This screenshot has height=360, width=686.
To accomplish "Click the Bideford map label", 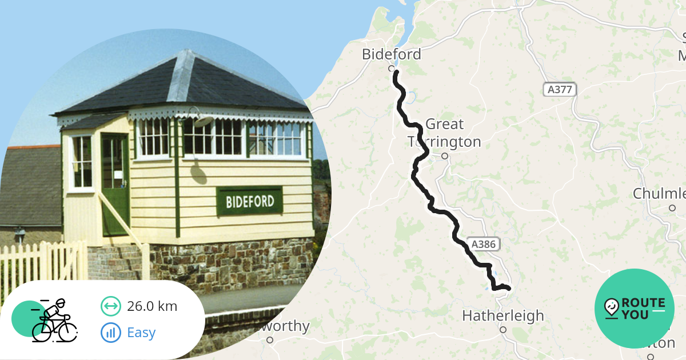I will (x=392, y=54).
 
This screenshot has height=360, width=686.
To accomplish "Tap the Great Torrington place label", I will (x=444, y=133).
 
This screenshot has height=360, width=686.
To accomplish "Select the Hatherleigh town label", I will (x=503, y=315).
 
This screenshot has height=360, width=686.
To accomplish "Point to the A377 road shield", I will (x=560, y=89).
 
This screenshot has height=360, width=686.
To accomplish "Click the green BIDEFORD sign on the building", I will (x=249, y=201).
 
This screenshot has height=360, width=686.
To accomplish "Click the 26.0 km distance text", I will (x=152, y=306).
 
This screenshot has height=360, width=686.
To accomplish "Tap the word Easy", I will (x=141, y=332).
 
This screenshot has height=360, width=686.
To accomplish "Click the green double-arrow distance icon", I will (x=110, y=306).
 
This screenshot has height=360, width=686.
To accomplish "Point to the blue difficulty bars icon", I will (x=110, y=332).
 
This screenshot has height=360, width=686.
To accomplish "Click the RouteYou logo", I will (x=635, y=309).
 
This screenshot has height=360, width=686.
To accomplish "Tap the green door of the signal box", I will (x=115, y=183).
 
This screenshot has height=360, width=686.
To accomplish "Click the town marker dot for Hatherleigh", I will (x=503, y=330).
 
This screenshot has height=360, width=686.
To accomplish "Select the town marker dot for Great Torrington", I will (x=444, y=155).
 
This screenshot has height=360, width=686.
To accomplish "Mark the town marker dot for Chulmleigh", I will (x=672, y=207).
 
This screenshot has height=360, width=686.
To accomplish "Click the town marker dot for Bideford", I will (x=392, y=69).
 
